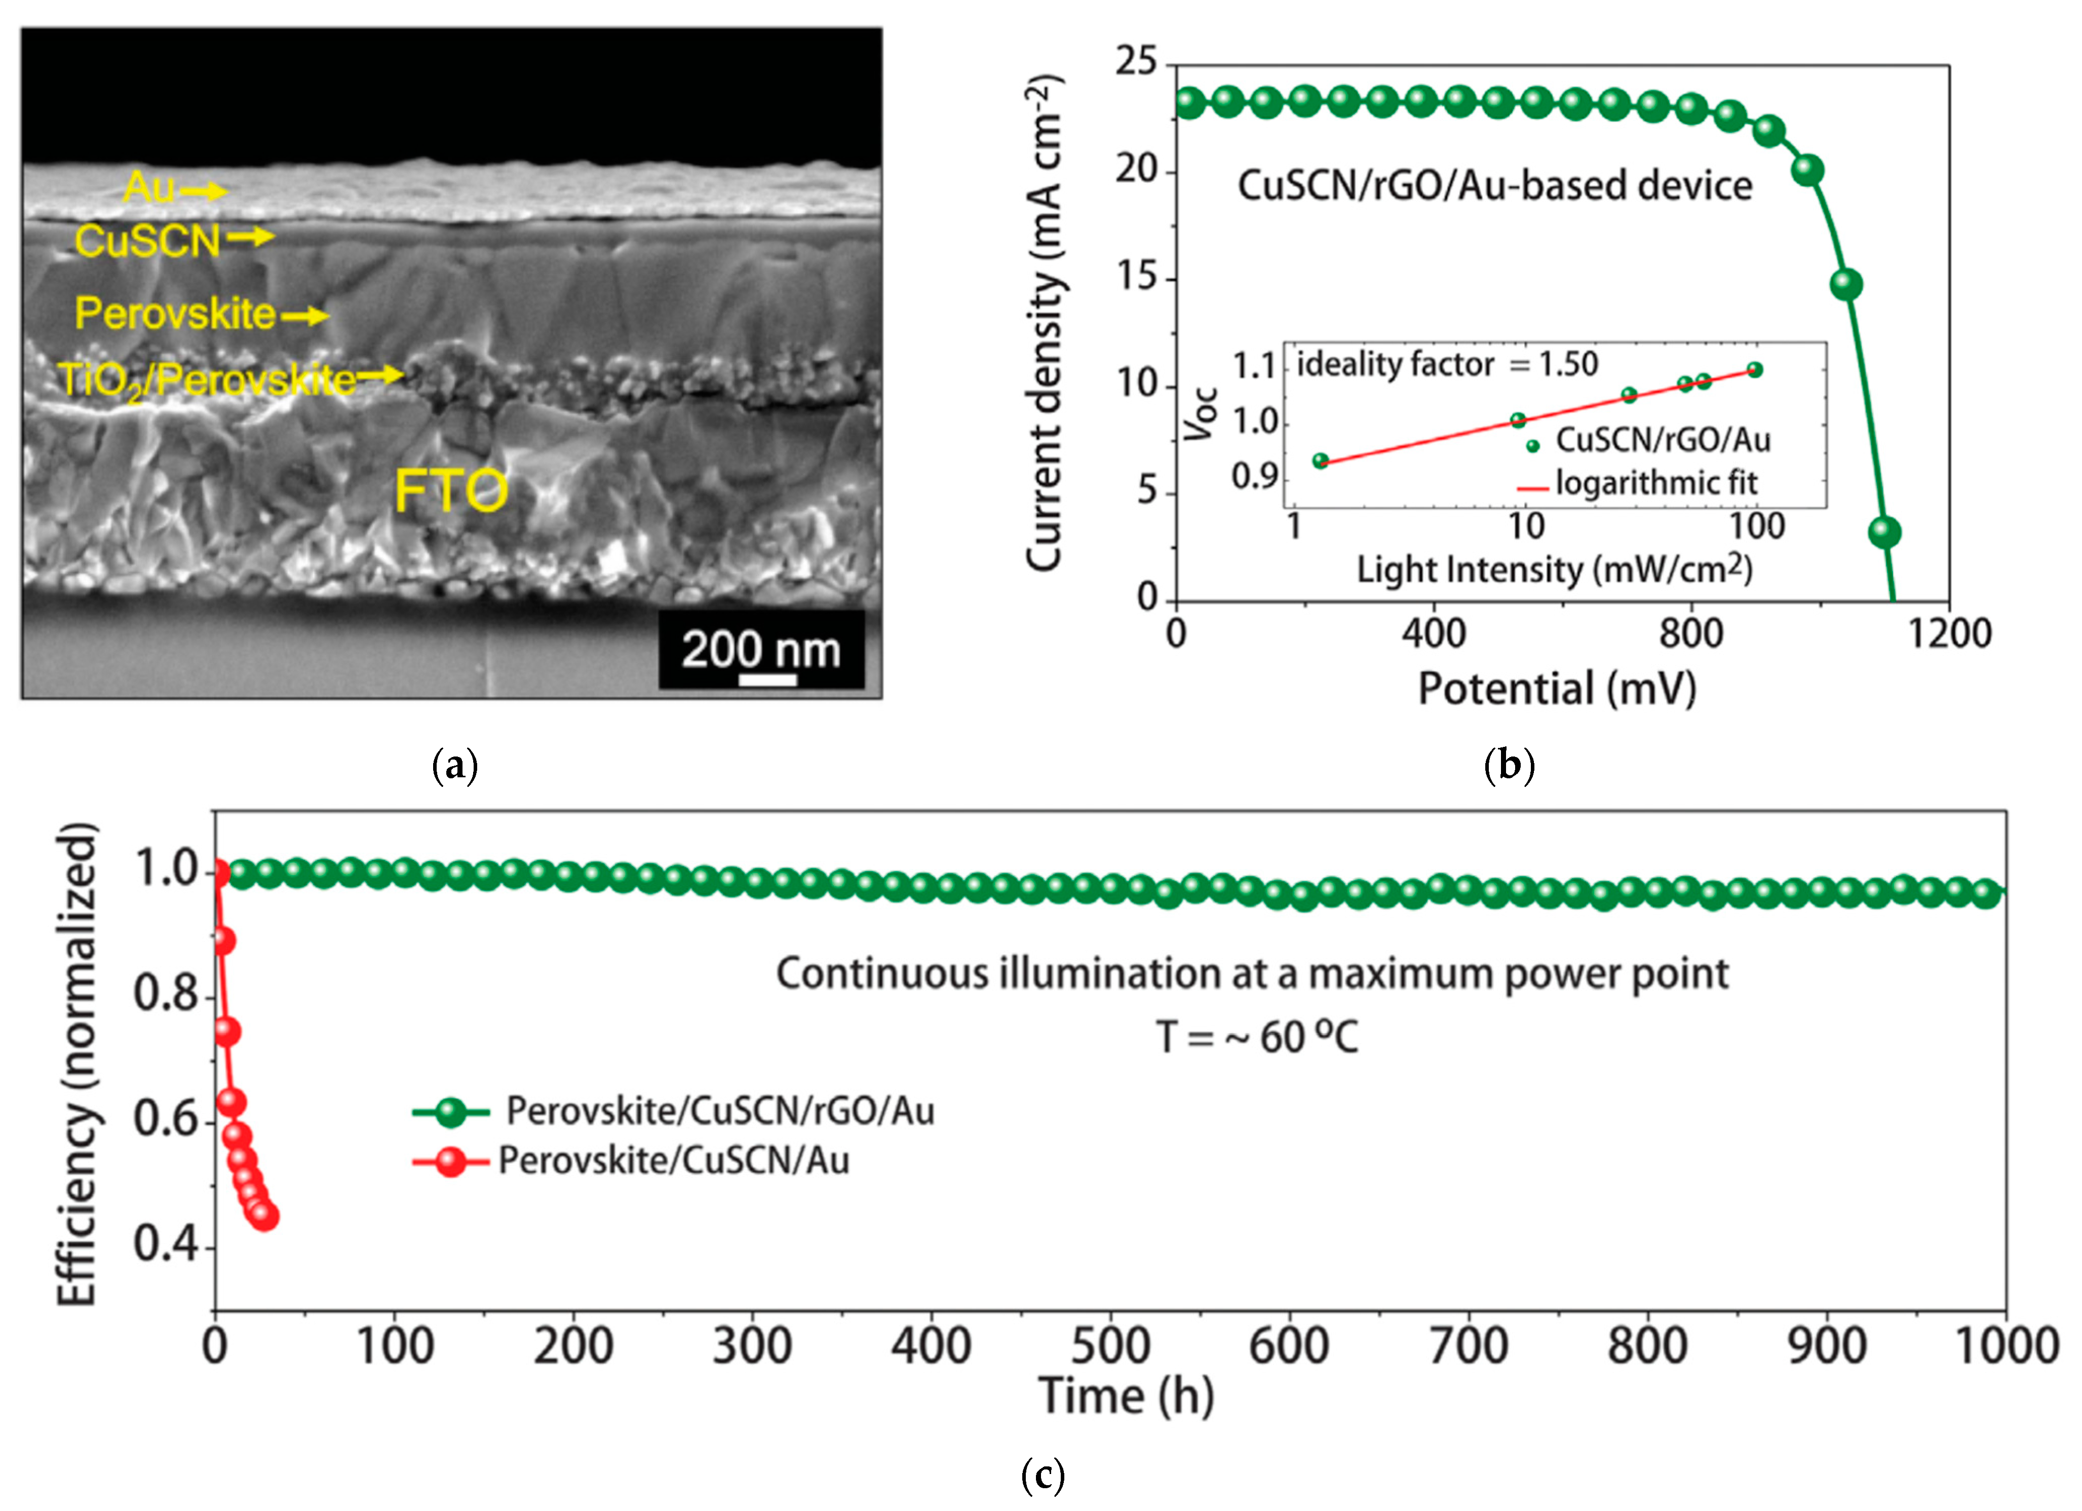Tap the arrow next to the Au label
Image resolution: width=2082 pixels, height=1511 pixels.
coord(203,191)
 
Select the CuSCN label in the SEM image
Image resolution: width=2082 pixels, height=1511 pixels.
coord(147,241)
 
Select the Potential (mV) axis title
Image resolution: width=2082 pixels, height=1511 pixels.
coord(1557,689)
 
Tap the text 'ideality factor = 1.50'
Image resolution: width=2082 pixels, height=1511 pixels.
coord(1447,364)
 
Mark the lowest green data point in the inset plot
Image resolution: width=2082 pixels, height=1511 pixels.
coord(1320,461)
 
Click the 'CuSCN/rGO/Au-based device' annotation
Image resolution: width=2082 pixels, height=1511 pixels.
coord(1494,185)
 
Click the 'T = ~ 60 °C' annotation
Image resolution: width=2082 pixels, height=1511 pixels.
coord(1257,1038)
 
